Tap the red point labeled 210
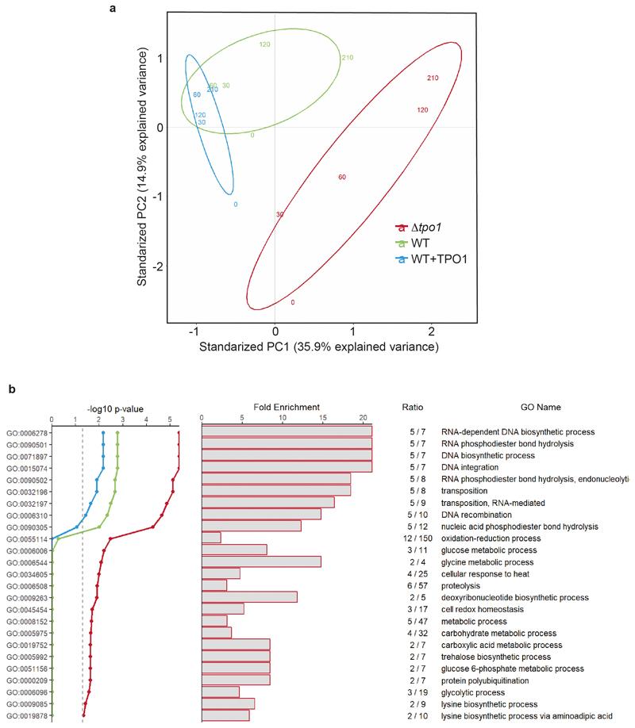tap(433, 79)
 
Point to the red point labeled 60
tap(342, 177)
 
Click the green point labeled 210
tap(347, 57)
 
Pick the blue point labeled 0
tap(236, 205)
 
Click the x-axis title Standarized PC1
tap(318, 347)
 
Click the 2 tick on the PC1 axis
tap(431, 328)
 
